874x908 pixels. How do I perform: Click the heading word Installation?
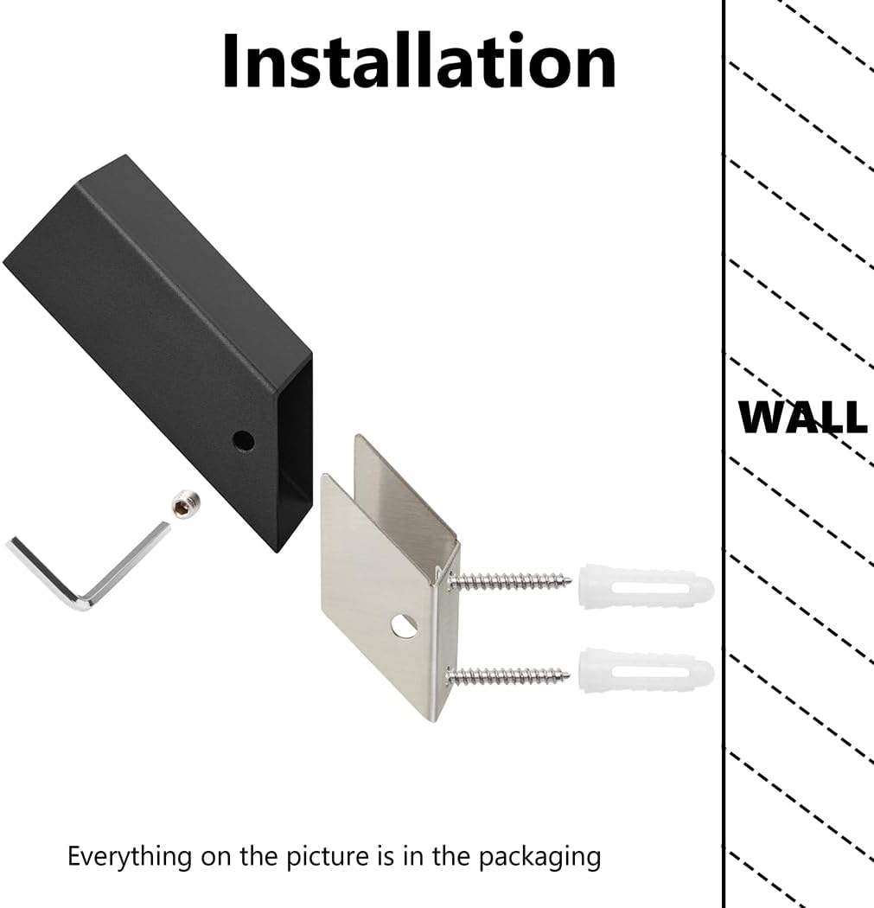pos(419,61)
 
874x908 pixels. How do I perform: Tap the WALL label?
pos(803,416)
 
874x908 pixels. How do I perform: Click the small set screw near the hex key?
pos(186,504)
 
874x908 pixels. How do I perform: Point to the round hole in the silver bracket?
pos(404,625)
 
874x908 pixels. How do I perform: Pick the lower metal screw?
pos(508,675)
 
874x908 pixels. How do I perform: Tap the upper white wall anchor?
pos(646,586)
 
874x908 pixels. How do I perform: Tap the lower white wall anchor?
pos(647,672)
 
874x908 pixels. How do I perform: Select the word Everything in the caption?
pos(130,857)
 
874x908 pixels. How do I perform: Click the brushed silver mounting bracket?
pos(391,579)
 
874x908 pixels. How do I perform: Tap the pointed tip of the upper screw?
pos(572,579)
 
